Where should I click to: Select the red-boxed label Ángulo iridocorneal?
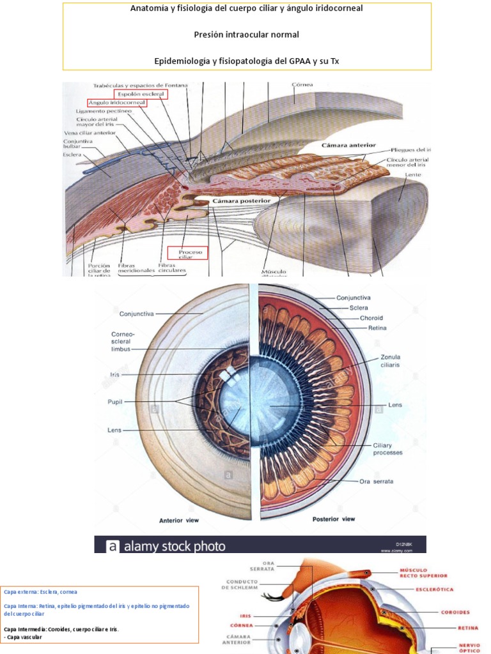(x=117, y=102)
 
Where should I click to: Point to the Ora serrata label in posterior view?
(x=376, y=481)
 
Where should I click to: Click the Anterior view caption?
(x=178, y=520)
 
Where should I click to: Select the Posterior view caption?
(x=334, y=519)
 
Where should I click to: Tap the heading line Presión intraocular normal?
(x=247, y=34)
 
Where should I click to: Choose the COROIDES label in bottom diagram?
(x=455, y=612)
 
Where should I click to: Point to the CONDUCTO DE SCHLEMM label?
(x=242, y=585)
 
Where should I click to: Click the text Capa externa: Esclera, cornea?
(x=40, y=592)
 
